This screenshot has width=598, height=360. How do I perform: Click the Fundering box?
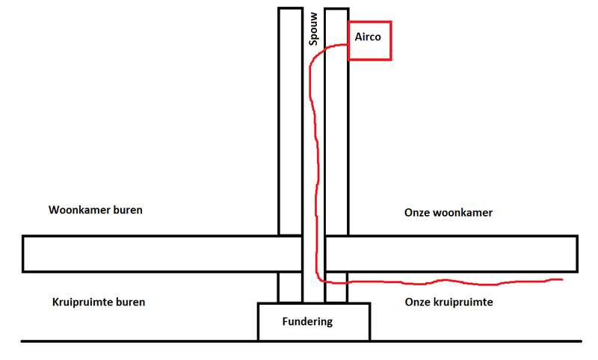pos(313,322)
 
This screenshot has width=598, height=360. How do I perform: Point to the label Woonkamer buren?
pos(95,210)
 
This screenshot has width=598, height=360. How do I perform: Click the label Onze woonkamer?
pos(449,213)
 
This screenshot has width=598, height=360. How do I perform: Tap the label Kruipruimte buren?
pos(99,302)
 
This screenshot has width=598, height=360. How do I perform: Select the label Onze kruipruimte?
pos(448,302)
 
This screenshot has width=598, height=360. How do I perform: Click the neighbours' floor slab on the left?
pos(149,254)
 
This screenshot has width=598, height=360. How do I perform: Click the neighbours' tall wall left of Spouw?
pos(290,120)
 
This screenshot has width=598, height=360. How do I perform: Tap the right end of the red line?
pos(561,280)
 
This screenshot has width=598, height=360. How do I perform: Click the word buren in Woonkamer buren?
pos(125,210)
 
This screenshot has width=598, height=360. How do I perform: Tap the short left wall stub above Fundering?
pos(290,288)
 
